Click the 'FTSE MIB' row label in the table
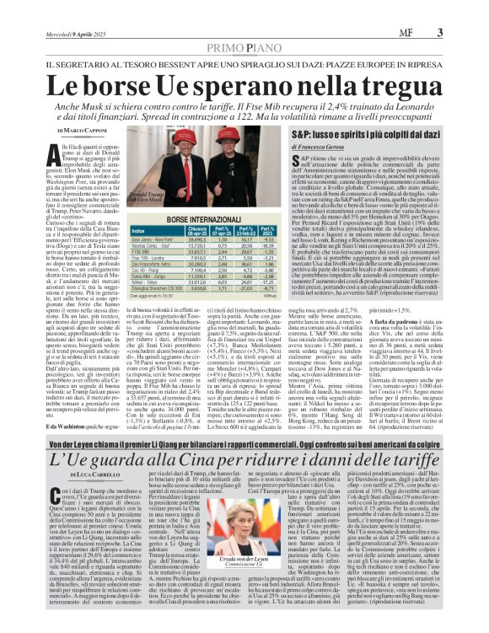coord(142,250)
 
